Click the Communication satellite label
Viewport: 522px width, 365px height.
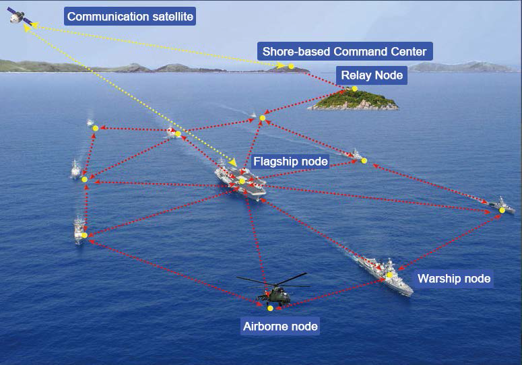pos(129,16)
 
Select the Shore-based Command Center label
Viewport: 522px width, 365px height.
pos(344,51)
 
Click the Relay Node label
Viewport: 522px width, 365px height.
pos(371,75)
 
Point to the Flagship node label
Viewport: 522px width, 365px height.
pos(290,162)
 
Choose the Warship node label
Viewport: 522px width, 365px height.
pos(453,278)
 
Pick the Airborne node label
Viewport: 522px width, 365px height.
pos(280,327)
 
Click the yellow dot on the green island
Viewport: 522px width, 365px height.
pos(354,88)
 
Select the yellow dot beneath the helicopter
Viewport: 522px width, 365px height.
pos(270,308)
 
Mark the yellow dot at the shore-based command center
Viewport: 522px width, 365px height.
pos(292,66)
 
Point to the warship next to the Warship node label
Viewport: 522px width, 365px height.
pos(387,273)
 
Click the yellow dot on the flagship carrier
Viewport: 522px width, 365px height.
pos(242,180)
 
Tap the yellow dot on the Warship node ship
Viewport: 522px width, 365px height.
pos(389,274)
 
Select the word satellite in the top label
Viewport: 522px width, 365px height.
pos(171,16)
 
